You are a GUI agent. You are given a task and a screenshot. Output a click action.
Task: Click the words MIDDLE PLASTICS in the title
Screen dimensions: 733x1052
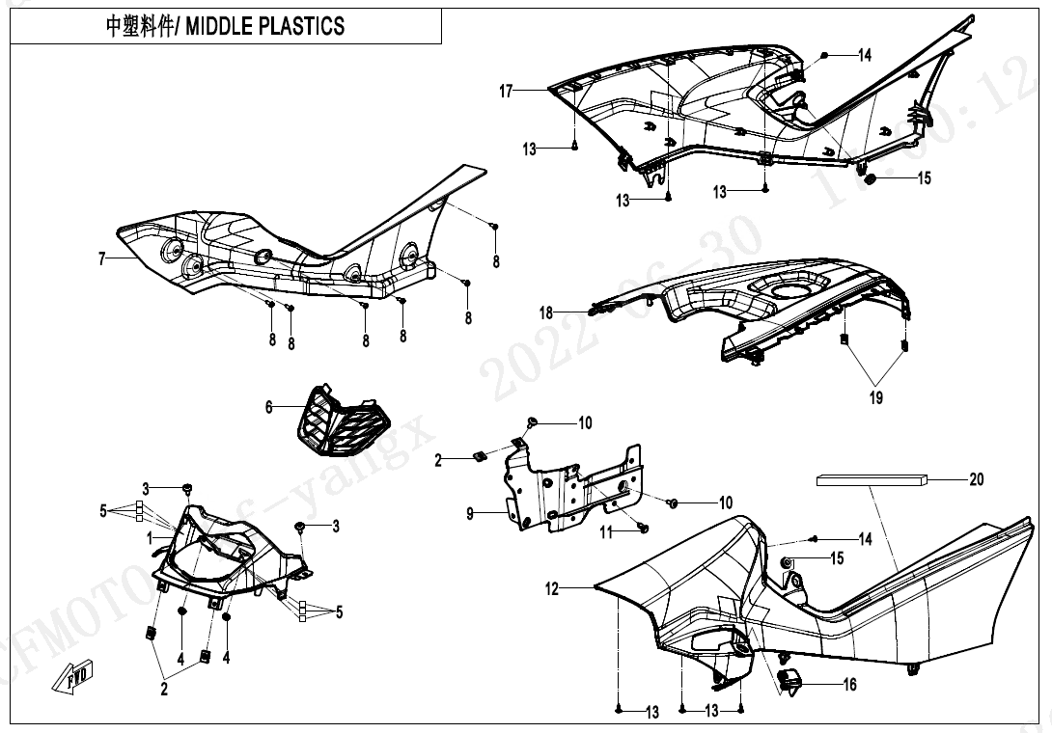click(x=264, y=26)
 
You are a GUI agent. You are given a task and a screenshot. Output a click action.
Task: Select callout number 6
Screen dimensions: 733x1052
click(x=269, y=407)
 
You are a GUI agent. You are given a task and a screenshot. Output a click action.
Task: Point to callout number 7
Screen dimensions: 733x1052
click(x=101, y=258)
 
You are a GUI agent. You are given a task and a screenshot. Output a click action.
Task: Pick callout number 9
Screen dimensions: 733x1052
click(x=470, y=514)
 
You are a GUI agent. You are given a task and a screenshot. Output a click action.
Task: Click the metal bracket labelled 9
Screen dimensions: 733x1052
click(x=569, y=487)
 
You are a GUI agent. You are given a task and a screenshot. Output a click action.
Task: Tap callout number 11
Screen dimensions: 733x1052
click(x=607, y=532)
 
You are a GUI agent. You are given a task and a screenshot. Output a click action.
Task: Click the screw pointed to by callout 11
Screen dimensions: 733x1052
click(x=643, y=527)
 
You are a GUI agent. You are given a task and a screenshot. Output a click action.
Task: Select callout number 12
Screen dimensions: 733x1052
click(x=552, y=589)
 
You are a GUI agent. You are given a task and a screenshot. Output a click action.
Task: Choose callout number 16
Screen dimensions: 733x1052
click(x=849, y=685)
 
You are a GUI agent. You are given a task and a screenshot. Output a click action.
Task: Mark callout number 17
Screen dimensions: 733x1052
click(x=506, y=92)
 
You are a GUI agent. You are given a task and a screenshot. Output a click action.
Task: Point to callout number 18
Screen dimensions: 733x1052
click(x=546, y=312)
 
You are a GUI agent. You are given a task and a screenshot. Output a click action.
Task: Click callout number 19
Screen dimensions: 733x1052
click(x=876, y=396)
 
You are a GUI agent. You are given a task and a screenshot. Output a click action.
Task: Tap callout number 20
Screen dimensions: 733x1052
click(x=976, y=479)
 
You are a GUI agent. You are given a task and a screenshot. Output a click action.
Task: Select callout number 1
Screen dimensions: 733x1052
click(x=150, y=535)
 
